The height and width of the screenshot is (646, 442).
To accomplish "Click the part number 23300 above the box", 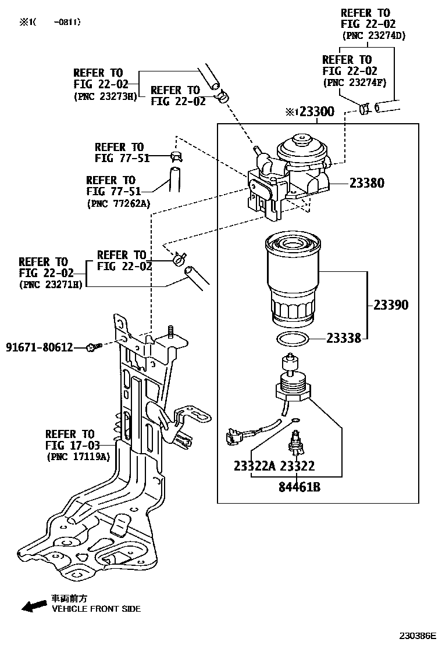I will click(316, 112).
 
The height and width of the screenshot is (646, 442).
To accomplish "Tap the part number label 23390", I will click(391, 305).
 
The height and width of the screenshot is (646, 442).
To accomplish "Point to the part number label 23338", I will click(344, 338).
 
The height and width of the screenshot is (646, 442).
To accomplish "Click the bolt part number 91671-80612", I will click(40, 347).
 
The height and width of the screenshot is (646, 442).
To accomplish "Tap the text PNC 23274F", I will click(355, 83).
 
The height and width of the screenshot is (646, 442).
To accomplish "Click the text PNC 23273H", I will click(105, 96).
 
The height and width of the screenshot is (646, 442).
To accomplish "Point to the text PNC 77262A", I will click(118, 204).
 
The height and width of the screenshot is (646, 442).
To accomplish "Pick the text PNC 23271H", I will click(51, 285).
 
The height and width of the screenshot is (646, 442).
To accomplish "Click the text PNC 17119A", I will click(77, 457).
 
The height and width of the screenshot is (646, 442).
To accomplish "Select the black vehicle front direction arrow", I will click(34, 606).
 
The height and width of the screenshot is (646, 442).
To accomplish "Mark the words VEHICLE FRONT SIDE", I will click(96, 609).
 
